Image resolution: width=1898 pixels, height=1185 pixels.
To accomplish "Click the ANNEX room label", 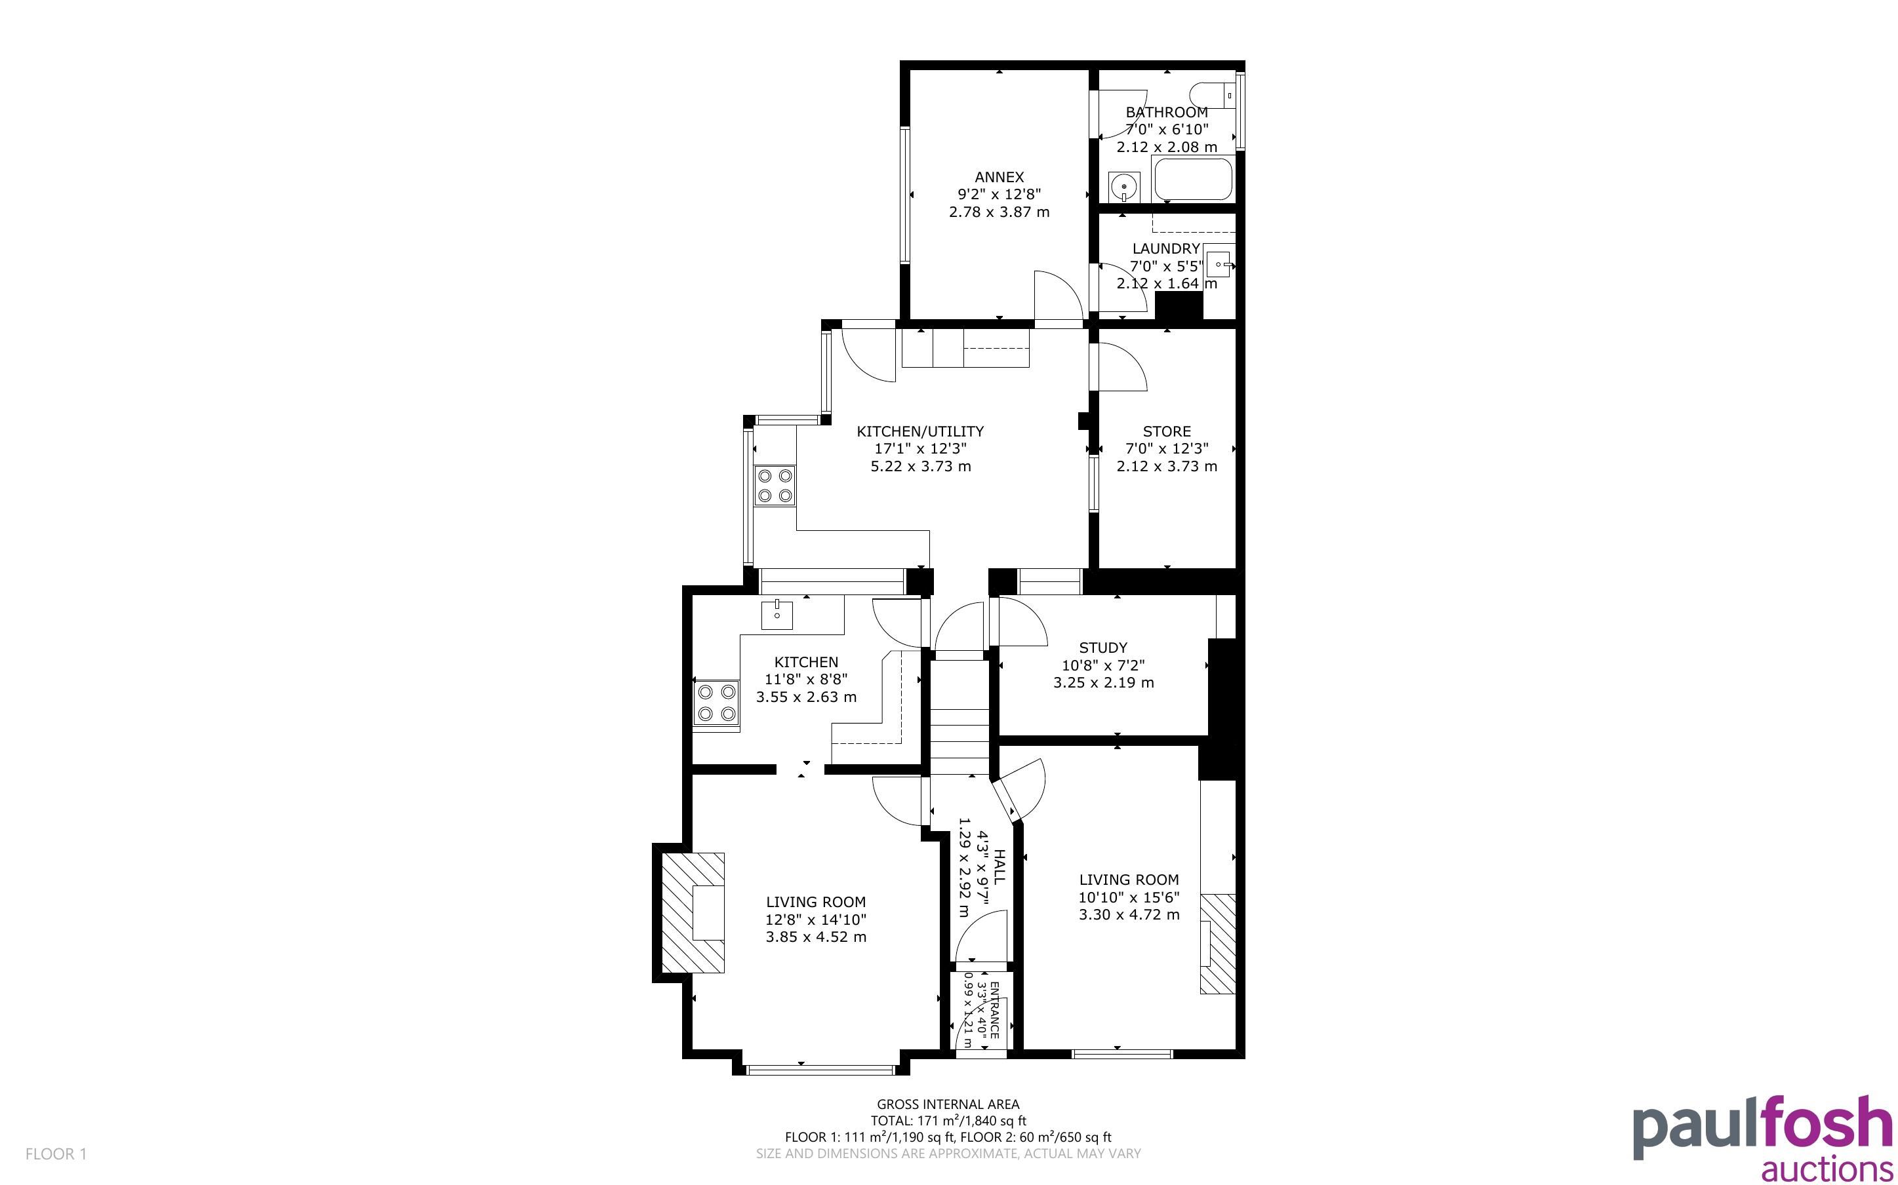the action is point(999,177).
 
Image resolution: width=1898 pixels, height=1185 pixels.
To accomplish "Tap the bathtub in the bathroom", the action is point(1192,180).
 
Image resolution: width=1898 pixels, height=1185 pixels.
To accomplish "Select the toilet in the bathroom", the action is point(1212,96).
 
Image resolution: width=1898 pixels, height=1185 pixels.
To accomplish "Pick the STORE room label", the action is point(1167,431).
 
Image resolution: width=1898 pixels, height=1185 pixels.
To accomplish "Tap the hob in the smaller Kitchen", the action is point(168,702).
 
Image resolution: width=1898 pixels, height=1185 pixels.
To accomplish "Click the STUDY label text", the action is point(1103,648).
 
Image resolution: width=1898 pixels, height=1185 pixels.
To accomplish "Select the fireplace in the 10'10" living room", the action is point(1217,944).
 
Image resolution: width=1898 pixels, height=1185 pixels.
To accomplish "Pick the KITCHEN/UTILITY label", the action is point(919,431).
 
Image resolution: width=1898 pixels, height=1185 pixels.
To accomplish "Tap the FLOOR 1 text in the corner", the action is point(56,1154).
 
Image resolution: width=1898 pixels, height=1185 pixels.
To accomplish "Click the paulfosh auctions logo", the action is point(1763,1138).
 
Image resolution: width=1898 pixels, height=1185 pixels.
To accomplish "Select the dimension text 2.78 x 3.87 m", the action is point(999,212).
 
